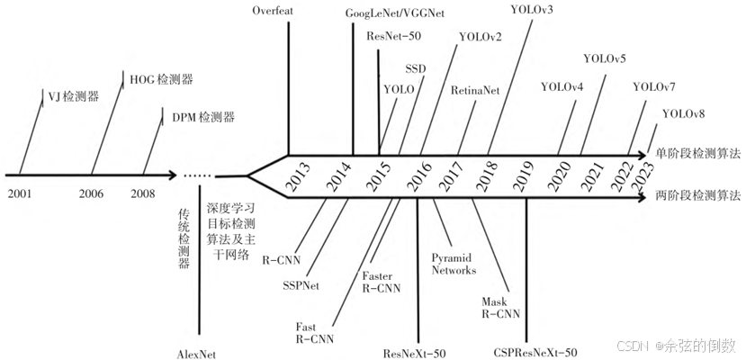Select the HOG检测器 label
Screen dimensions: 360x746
click(x=155, y=80)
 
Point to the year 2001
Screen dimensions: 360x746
click(x=19, y=193)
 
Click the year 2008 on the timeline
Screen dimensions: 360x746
click(x=142, y=193)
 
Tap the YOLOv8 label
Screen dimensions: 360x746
click(x=683, y=113)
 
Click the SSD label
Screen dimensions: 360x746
click(x=416, y=68)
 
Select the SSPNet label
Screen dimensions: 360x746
click(x=302, y=286)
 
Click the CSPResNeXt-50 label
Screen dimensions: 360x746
click(x=535, y=352)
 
